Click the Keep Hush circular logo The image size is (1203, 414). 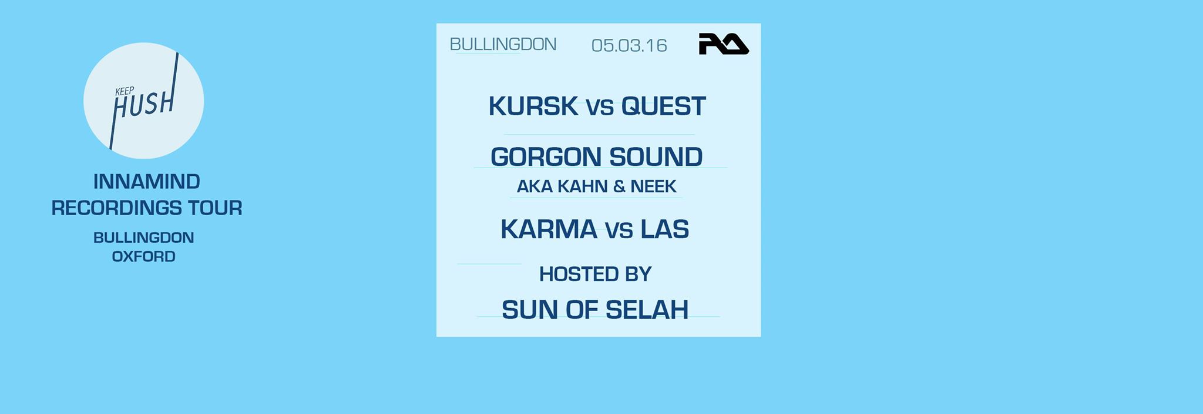click(x=143, y=101)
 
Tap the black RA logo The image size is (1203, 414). click(x=723, y=44)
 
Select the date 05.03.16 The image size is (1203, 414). click(x=629, y=45)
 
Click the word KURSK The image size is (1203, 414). click(x=533, y=106)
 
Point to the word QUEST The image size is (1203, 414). click(x=664, y=106)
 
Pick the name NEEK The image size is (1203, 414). click(x=653, y=186)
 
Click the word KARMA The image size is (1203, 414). click(x=549, y=229)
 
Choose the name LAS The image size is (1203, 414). click(x=664, y=229)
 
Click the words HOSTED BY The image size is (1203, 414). click(x=595, y=274)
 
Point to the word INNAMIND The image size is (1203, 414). click(x=147, y=182)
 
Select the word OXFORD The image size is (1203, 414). click(x=144, y=256)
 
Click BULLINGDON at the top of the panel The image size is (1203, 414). click(x=503, y=44)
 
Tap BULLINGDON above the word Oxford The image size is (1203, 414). click(x=144, y=238)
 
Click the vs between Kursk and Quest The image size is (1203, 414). click(x=600, y=108)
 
